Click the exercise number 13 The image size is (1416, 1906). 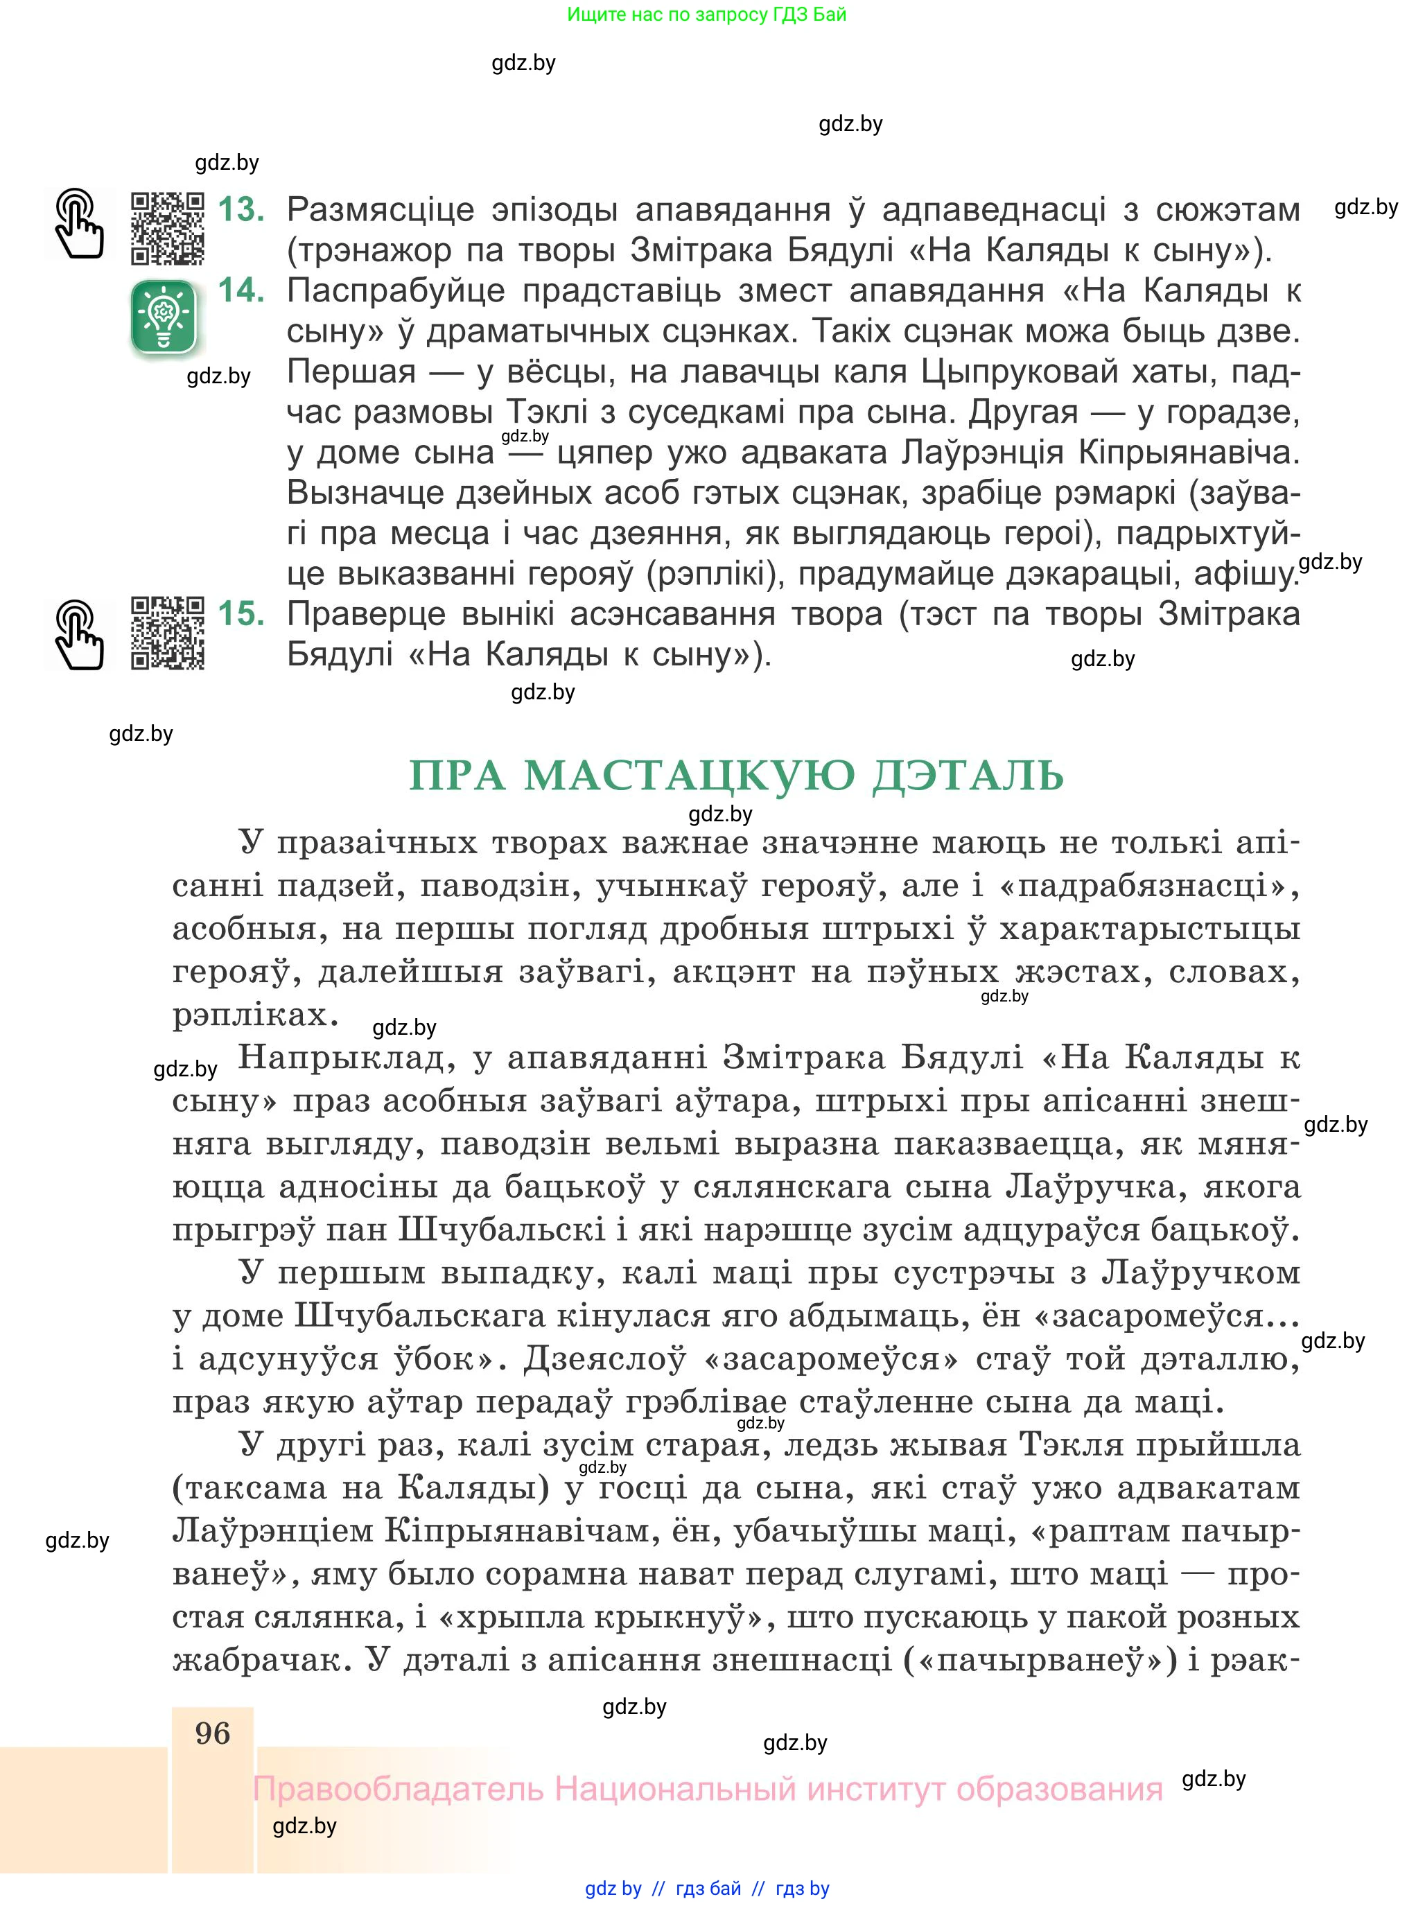241,209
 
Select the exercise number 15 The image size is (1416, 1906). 241,613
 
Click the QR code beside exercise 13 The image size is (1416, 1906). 167,228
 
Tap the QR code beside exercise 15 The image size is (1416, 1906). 167,633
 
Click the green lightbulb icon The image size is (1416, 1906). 164,317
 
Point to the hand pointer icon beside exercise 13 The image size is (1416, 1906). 79,225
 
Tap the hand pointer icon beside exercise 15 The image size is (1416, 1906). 79,634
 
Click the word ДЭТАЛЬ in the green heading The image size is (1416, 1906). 968,776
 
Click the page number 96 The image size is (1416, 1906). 213,1733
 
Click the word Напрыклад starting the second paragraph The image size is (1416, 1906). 345,1058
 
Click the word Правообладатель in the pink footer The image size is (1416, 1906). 398,1790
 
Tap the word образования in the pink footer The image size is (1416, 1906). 1060,1790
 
